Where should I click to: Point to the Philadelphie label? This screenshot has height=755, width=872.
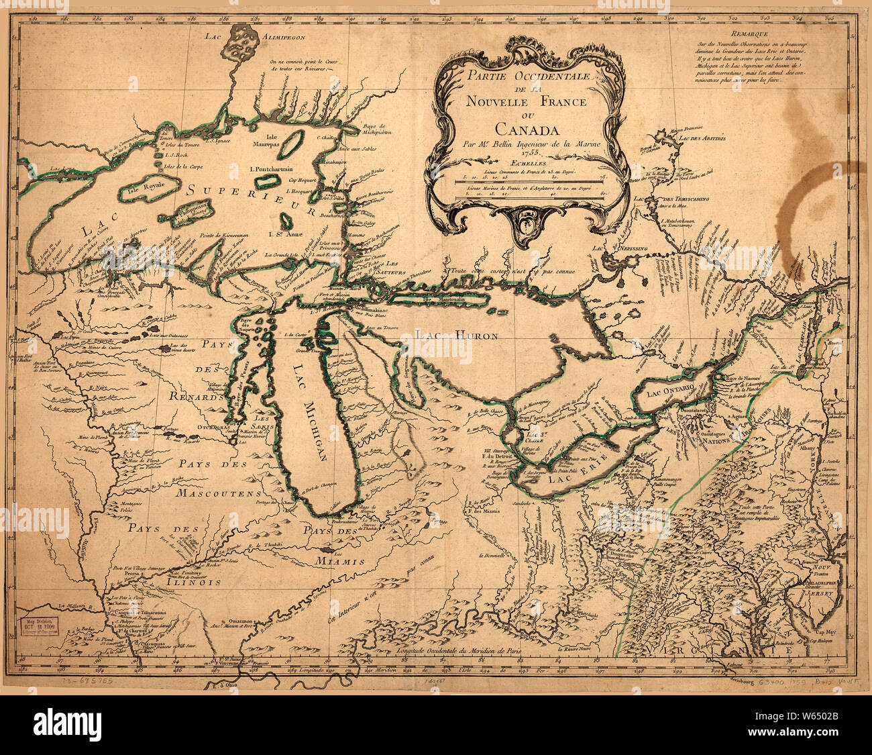pyautogui.click(x=821, y=584)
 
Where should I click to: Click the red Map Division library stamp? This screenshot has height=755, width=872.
pyautogui.click(x=38, y=625)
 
